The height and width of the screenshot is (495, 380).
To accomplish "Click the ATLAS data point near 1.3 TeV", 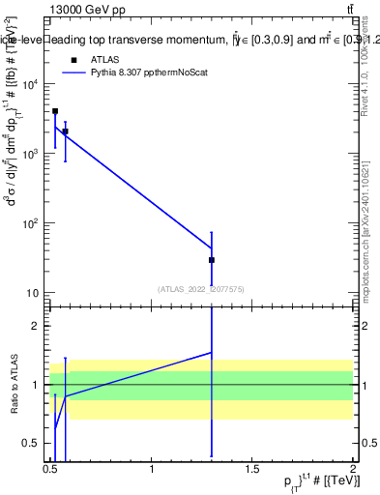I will coord(211,260).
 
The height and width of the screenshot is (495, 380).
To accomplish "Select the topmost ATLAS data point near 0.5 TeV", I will coord(55,111).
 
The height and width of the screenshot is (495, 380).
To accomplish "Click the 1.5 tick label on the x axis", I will coord(252,469).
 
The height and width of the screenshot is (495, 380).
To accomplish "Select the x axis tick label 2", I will coord(353,469).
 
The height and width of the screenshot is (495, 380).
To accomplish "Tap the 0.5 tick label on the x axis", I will coord(51,469).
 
